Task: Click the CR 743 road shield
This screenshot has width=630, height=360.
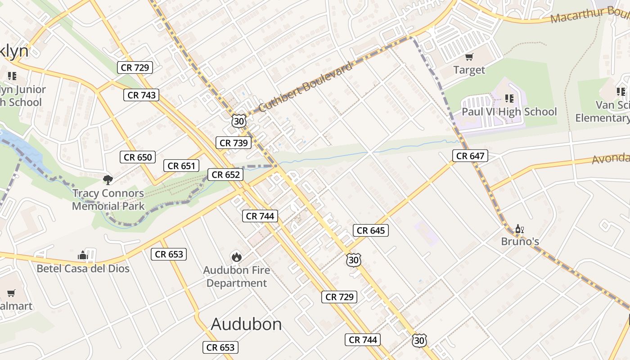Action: pos(142,95)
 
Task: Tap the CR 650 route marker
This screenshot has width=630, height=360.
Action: pos(138,157)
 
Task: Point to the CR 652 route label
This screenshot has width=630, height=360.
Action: pos(225,175)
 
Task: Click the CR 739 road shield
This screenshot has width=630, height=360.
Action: pos(234,143)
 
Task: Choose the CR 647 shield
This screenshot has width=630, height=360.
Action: pos(470,156)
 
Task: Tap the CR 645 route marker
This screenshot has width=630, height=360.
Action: pos(371,231)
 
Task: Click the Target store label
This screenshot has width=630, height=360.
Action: pos(469,70)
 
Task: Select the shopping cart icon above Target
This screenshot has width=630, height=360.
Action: pos(469,57)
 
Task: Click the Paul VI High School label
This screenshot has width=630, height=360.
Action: pos(509,112)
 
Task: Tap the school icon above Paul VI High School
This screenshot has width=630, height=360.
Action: pos(509,98)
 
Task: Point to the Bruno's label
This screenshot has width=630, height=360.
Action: pos(520,242)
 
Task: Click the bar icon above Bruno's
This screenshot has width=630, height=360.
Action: pos(520,229)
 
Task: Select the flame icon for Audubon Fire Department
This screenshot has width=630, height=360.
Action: pos(236,257)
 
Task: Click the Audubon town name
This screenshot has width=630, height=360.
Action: pos(246,324)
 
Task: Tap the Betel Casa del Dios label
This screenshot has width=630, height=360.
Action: pos(83,269)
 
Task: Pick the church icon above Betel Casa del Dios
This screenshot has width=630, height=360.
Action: pos(83,256)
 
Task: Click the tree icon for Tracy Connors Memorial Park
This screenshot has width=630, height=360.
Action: pos(108,180)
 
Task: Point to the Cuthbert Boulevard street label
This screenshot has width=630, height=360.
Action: pos(305,87)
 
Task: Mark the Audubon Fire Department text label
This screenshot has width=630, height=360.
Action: pos(237,277)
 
